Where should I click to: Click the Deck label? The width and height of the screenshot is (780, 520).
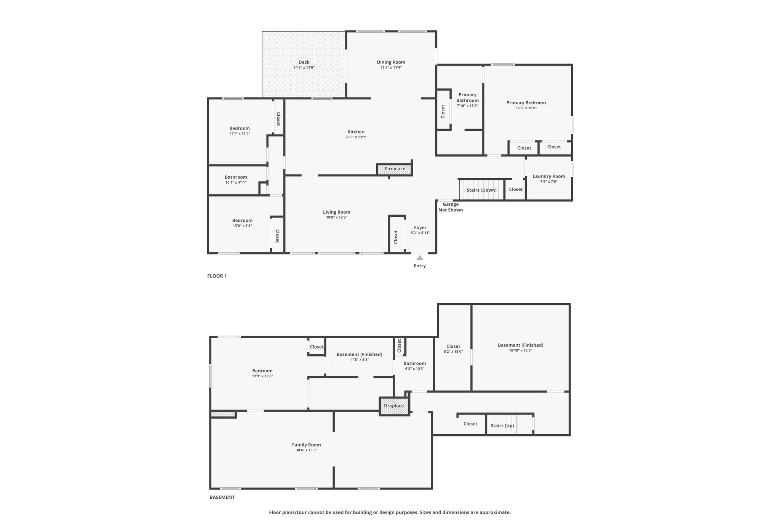point(304,62)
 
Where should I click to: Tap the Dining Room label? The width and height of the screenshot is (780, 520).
point(391,62)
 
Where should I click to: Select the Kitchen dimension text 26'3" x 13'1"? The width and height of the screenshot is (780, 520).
point(356,137)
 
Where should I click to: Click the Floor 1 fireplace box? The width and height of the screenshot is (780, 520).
point(395,169)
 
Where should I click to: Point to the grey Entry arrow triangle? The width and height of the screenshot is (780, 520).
point(420,258)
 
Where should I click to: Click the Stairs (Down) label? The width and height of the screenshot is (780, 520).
point(482,190)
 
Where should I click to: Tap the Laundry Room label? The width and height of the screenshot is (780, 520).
point(549,176)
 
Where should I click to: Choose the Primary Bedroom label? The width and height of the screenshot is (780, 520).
point(526,102)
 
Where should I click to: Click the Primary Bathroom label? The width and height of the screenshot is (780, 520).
point(468,98)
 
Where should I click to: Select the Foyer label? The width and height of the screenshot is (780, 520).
point(420,227)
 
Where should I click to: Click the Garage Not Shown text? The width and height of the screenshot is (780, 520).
point(451,207)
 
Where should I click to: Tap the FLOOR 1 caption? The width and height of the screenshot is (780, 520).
point(217,276)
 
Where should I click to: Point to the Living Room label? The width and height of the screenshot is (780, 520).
point(337,212)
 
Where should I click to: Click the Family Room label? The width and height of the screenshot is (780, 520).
point(307,445)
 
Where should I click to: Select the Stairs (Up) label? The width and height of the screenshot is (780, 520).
point(502,426)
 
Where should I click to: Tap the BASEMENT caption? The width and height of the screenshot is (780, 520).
point(222,497)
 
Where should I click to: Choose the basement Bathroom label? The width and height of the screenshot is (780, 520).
point(415,363)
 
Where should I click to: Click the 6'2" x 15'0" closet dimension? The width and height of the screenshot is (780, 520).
point(453,352)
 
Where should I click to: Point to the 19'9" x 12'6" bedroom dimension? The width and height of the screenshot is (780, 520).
point(262,376)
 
